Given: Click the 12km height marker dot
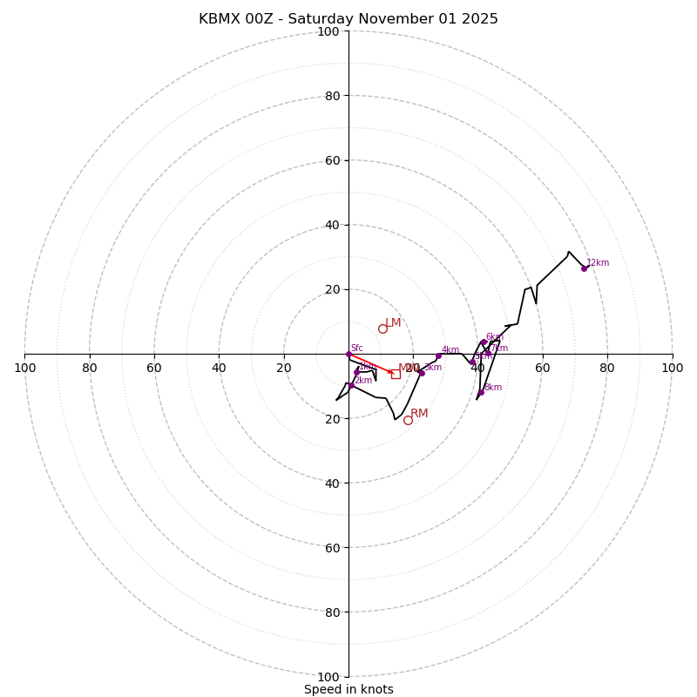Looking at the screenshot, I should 585,268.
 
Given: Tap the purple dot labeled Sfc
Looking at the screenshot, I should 348,354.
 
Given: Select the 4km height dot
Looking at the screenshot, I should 438,355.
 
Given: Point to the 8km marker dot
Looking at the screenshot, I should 481,392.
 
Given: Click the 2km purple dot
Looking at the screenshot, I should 351,385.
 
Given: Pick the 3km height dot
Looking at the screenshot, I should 422,373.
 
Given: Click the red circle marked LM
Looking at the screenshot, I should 382,328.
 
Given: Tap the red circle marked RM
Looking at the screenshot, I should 408,420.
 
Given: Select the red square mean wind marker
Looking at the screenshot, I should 396,374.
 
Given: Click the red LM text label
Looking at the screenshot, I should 393,323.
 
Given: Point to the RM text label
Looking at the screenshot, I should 419,414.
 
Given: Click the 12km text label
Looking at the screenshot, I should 598,263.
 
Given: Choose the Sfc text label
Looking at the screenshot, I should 356,348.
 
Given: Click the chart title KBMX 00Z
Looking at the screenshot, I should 348,19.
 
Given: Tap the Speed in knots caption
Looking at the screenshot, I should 348,690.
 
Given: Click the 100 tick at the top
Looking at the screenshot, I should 328,31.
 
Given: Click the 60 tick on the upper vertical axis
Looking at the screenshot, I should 332,160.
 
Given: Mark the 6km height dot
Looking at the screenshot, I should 484,342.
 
